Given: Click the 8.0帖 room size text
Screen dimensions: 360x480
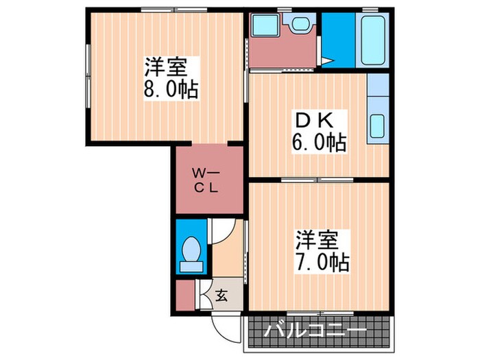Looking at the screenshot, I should (x=171, y=91).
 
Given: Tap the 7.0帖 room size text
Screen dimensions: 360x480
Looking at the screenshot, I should (x=322, y=261).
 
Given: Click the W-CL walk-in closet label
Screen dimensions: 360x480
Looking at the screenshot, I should (x=205, y=180).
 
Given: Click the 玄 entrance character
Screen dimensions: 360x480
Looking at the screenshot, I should (x=221, y=296).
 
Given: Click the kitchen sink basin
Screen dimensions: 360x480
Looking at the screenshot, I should (x=378, y=126).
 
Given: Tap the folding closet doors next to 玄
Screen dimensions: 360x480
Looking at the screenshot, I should (x=203, y=293).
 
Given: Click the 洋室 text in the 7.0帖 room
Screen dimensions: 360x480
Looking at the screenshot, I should (x=317, y=240).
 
